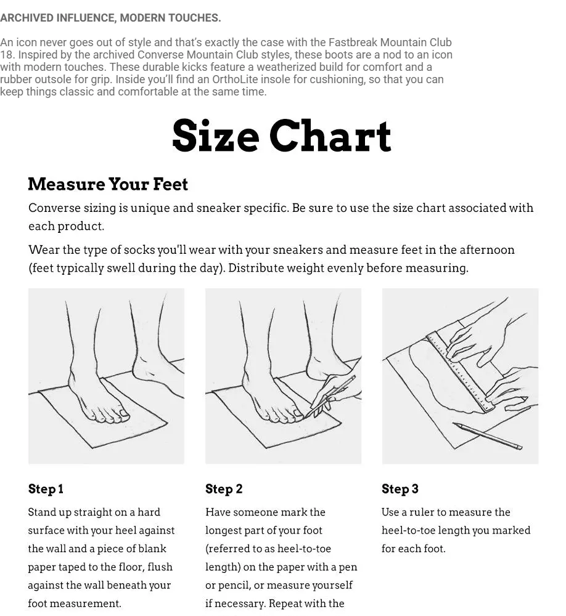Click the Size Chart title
282,136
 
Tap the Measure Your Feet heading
108,184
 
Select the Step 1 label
46,488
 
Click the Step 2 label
224,488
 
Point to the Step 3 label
400,488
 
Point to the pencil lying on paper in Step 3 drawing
487,436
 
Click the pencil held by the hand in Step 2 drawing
330,397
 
